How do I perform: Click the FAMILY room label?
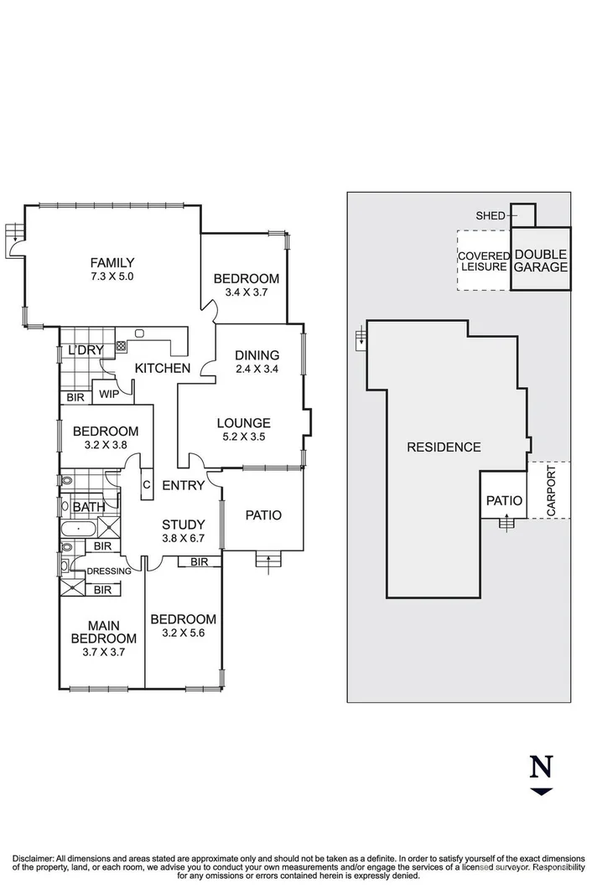(112, 262)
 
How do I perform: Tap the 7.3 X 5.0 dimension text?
(112, 276)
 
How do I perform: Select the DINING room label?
(257, 354)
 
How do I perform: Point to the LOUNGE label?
(243, 423)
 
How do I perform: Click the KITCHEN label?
(163, 368)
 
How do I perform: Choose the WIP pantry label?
(108, 393)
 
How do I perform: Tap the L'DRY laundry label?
(85, 349)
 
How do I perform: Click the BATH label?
(89, 507)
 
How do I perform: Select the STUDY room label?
(183, 525)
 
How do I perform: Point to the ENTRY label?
(183, 485)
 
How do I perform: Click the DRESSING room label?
(109, 571)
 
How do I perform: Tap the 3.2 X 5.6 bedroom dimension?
(183, 633)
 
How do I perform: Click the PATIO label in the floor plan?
(262, 515)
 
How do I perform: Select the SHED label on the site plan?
(491, 215)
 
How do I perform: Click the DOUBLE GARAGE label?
(541, 261)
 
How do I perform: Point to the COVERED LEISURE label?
(483, 261)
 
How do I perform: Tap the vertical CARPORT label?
(551, 489)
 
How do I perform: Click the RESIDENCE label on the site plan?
(444, 447)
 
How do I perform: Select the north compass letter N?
(542, 766)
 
